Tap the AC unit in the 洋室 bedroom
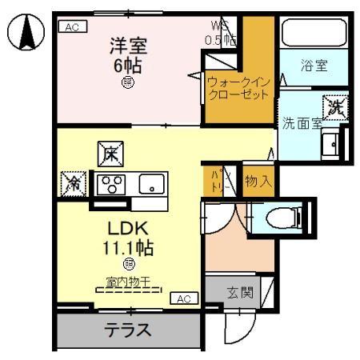(x=72, y=26)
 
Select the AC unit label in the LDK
(x=183, y=298)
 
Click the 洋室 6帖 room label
(x=128, y=54)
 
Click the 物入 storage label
(x=257, y=181)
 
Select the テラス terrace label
(x=127, y=329)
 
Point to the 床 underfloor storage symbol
(x=109, y=152)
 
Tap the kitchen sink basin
(x=150, y=185)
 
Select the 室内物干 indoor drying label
(x=128, y=282)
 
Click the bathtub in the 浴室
(x=314, y=34)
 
